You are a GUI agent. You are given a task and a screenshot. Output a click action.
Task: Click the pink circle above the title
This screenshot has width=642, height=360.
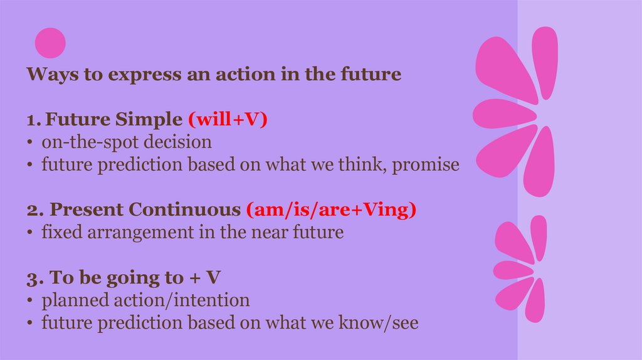pos(50,43)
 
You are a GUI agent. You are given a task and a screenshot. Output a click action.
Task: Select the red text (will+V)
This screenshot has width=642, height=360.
pos(228,119)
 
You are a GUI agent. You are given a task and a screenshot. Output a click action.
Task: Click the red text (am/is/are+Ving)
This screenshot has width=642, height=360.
pos(331,209)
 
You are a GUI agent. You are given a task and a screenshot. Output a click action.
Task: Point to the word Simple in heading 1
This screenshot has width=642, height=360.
pos(149,120)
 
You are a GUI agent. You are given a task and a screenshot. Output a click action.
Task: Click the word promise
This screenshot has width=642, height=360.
pos(426,165)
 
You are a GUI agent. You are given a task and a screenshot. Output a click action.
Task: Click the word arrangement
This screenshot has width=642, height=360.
pos(140,233)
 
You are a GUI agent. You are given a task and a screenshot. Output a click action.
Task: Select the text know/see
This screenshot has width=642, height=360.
pos(379,322)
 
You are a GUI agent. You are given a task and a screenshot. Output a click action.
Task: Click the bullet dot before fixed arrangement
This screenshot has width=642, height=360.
pos(29,233)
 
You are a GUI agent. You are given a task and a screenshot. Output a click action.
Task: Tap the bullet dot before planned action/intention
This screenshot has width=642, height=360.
pos(29,300)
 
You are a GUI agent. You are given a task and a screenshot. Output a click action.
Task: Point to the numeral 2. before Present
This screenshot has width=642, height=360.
pos(35,210)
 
